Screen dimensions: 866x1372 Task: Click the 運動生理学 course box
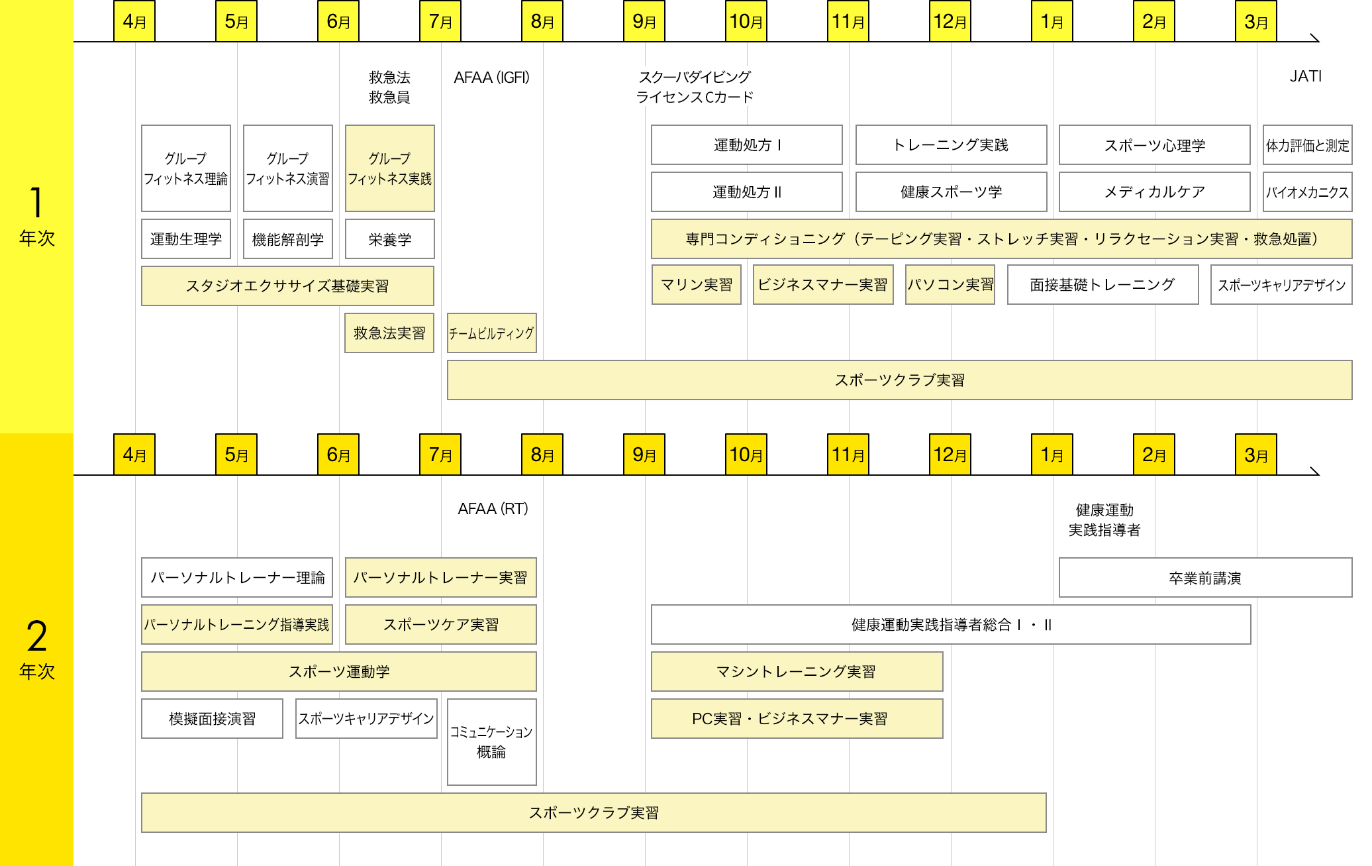pos(186,239)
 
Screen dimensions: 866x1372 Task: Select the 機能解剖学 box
pos(288,239)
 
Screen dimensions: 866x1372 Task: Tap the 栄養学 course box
pos(390,239)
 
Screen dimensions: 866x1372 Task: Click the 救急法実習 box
pos(389,333)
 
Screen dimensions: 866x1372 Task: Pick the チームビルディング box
pos(491,333)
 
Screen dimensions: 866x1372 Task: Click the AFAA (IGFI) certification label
pos(491,78)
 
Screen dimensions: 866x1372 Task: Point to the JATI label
pos(1305,77)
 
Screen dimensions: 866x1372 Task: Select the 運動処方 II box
pos(746,192)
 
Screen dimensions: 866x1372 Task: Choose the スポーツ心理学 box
pos(1154,145)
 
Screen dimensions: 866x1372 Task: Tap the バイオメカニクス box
pos(1307,192)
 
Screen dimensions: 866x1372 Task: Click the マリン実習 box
pos(697,285)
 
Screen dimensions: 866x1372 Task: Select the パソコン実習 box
pos(950,285)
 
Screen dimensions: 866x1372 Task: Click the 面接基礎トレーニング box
pos(1102,285)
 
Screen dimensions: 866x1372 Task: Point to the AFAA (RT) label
pos(493,509)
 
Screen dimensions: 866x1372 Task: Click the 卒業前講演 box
pos(1205,578)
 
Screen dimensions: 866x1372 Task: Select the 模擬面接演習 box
pos(212,719)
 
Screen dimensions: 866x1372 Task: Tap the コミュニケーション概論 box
pos(491,742)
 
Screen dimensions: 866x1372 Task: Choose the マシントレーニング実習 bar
pos(797,672)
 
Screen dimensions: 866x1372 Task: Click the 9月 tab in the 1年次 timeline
pos(644,21)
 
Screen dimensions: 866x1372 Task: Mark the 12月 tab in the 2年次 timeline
pos(950,455)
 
